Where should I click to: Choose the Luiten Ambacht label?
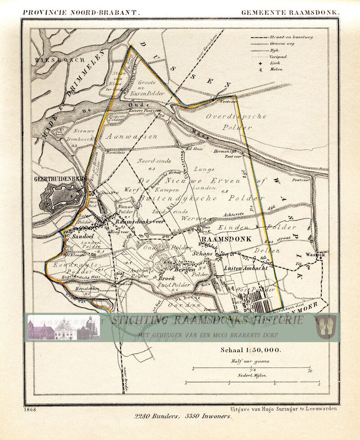(246, 268)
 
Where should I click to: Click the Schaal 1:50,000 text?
(250, 349)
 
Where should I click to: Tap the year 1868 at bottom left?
(31, 409)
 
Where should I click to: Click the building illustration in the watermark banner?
(63, 327)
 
